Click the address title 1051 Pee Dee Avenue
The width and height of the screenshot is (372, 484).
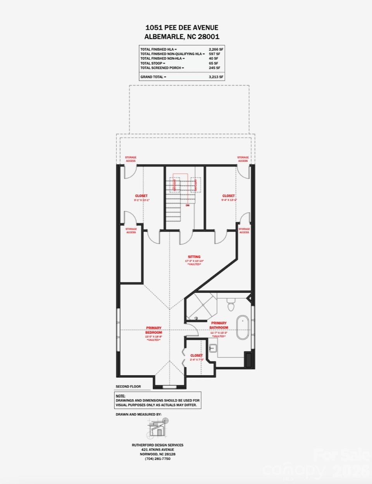coord(182,27)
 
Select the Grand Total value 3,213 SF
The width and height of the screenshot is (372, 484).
coord(216,77)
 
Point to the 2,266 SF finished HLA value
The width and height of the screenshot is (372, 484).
coord(216,50)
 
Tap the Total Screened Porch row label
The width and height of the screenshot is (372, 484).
coord(162,68)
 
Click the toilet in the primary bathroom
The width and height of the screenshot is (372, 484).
coord(231,305)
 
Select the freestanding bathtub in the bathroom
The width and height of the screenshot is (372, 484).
coord(243,328)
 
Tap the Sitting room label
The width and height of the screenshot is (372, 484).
coord(194,257)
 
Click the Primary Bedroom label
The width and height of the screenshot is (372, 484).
coord(154,330)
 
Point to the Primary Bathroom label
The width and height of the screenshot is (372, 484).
coord(219,325)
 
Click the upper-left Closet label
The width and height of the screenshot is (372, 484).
coord(141,196)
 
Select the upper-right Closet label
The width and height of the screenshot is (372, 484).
coord(229,196)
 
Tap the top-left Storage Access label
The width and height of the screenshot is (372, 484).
coord(131,159)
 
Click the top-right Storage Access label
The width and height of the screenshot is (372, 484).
coord(243,159)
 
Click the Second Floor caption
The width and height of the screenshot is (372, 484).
coord(128,386)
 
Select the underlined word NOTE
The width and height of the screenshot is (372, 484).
coord(121,396)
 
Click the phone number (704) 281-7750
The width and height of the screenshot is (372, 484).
coord(158,459)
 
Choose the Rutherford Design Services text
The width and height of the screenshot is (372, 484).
coord(158,445)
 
